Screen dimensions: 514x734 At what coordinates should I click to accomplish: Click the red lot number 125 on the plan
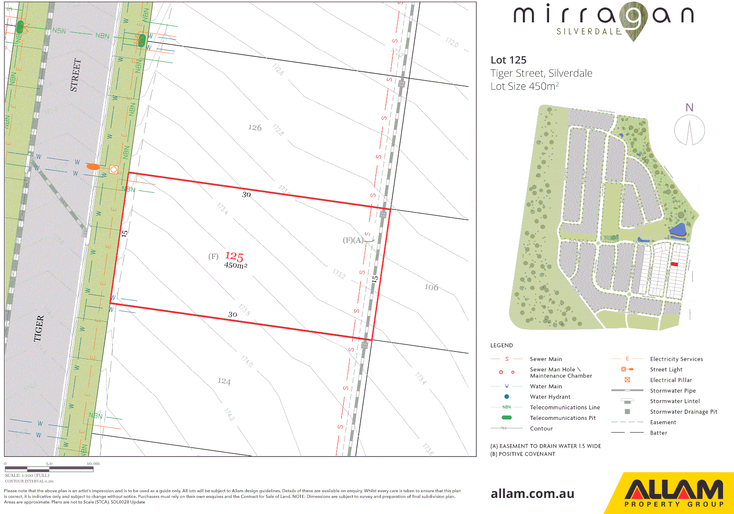pyautogui.click(x=234, y=257)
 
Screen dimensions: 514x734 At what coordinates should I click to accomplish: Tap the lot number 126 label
pyautogui.click(x=255, y=128)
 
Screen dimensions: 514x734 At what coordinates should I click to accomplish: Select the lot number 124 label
pyautogui.click(x=224, y=381)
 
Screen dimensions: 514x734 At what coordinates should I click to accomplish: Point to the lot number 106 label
pyautogui.click(x=431, y=287)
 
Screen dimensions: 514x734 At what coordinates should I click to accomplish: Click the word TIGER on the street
pyautogui.click(x=39, y=328)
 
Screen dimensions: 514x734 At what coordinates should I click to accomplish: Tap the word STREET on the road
pyautogui.click(x=75, y=75)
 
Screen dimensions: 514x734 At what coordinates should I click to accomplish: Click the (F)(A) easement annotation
pyautogui.click(x=353, y=240)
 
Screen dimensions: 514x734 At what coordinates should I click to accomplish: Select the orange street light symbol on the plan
pyautogui.click(x=93, y=167)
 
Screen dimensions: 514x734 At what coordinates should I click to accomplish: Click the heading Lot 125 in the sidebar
pyautogui.click(x=509, y=60)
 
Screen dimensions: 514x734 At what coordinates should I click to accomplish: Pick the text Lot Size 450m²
pyautogui.click(x=524, y=86)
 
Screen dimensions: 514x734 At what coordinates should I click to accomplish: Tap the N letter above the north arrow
pyautogui.click(x=689, y=108)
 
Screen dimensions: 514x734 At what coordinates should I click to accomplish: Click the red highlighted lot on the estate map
pyautogui.click(x=674, y=264)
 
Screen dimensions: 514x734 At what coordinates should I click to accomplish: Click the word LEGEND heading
pyautogui.click(x=501, y=346)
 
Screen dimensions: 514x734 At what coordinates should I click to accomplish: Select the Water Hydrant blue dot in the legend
pyautogui.click(x=507, y=396)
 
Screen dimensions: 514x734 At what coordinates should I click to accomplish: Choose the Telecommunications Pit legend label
pyautogui.click(x=563, y=418)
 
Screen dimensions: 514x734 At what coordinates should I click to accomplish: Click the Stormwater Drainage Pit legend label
pyautogui.click(x=683, y=412)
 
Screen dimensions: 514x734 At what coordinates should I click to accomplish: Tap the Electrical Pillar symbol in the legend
pyautogui.click(x=627, y=380)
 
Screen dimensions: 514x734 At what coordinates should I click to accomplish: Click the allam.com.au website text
pyautogui.click(x=532, y=494)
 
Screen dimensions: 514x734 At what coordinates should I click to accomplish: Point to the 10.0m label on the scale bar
pyautogui.click(x=93, y=463)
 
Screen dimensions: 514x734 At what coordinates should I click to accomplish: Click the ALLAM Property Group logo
pyautogui.click(x=673, y=493)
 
